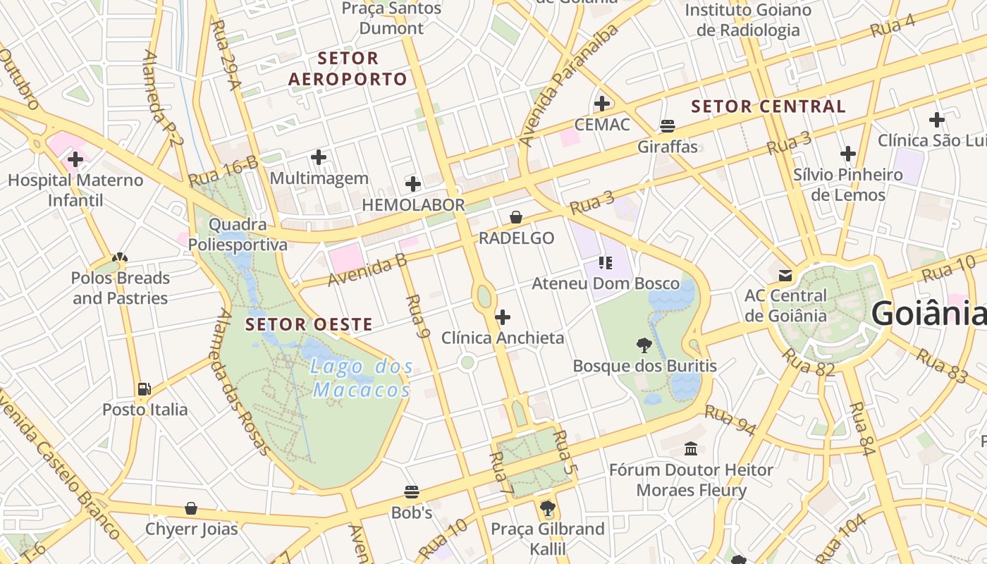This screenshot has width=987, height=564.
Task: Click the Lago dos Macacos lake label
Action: [x=362, y=378]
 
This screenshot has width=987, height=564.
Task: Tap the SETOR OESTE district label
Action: [x=309, y=325]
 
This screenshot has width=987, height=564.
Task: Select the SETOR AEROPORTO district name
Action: [x=348, y=68]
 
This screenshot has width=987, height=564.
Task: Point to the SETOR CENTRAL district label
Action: [x=768, y=106]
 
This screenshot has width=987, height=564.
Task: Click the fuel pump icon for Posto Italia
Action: [x=145, y=388]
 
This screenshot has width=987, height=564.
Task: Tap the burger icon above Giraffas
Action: [x=668, y=126]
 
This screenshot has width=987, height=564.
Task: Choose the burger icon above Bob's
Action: [x=412, y=491]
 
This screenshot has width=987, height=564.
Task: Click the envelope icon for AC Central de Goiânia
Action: [x=785, y=275]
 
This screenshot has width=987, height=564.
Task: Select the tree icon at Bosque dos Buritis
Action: [x=644, y=345]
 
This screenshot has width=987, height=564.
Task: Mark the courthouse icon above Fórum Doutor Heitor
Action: [x=691, y=448]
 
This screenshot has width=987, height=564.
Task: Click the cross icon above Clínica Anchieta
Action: [x=503, y=317]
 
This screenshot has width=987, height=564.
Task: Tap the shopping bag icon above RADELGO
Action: [x=516, y=217]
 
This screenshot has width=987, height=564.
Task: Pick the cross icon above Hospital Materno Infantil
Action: [x=75, y=159]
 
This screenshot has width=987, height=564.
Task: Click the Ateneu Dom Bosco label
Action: [x=606, y=284]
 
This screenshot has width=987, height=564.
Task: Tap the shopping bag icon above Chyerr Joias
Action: [x=191, y=508]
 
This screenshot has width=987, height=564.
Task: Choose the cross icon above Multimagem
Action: [x=319, y=157]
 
